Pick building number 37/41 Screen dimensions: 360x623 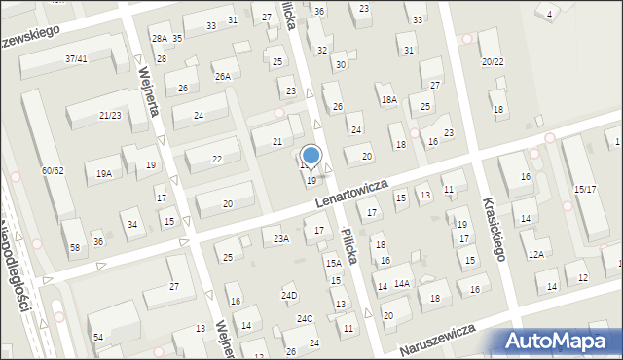pyautogui.click(x=77, y=59)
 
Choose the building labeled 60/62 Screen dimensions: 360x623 pyautogui.click(x=53, y=171)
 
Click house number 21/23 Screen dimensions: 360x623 pyautogui.click(x=110, y=116)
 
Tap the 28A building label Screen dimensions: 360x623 pyautogui.click(x=160, y=38)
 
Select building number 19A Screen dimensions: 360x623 pyautogui.click(x=103, y=174)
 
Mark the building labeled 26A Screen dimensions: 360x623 pyautogui.click(x=223, y=76)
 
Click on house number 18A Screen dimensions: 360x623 pyautogui.click(x=389, y=100)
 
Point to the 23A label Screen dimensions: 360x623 pyautogui.click(x=281, y=238)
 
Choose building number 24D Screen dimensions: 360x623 pyautogui.click(x=289, y=296)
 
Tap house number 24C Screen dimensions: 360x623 pyautogui.click(x=306, y=319)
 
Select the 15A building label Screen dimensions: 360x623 pyautogui.click(x=333, y=264)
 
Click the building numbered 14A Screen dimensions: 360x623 pyautogui.click(x=402, y=283)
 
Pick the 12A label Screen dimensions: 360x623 pyautogui.click(x=535, y=254)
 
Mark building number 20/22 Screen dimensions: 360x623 pyautogui.click(x=492, y=61)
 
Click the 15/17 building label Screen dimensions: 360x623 pyautogui.click(x=585, y=189)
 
